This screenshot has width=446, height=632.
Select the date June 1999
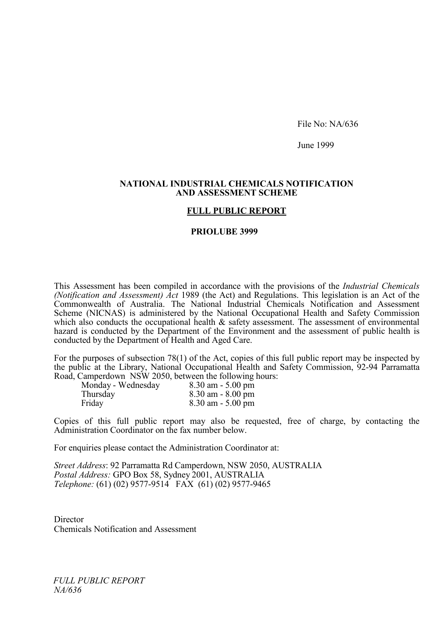coord(315,145)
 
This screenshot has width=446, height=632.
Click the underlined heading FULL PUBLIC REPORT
coord(236,211)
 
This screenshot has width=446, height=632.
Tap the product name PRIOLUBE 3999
coord(224,232)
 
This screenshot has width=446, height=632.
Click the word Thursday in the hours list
coord(98,394)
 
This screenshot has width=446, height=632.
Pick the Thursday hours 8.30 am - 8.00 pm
coord(222,394)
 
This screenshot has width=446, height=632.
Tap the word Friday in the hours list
coord(92,403)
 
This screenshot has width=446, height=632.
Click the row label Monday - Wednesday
coord(120,385)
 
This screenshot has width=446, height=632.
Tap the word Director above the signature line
coord(69,520)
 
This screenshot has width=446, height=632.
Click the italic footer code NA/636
coord(67,590)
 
